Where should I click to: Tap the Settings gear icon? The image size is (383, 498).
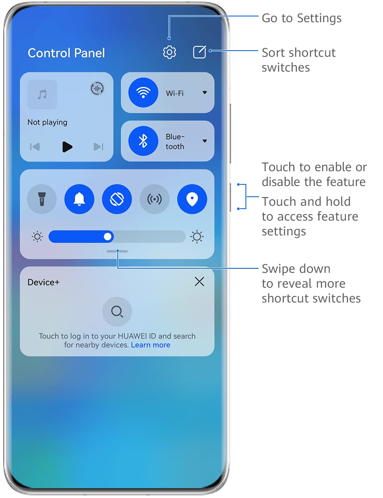169,52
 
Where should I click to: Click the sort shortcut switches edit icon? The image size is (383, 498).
199,52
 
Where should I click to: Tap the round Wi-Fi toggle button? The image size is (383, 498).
143,92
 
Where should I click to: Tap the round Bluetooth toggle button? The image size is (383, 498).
143,141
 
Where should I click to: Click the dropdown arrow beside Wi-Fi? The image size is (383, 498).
205,93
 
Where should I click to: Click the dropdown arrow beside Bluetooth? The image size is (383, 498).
205,141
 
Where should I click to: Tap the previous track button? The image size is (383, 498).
35,147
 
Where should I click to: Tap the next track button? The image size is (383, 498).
98,147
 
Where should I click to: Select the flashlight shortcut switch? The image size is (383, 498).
42,199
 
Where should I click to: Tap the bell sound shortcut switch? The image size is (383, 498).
79,199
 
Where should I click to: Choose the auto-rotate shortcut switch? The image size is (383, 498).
117,199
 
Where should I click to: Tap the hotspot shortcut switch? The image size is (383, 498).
154,199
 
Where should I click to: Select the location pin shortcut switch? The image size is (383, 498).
192,199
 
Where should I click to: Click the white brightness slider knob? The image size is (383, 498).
107,237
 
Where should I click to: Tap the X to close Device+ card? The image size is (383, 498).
199,282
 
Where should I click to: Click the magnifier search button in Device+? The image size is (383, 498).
117,312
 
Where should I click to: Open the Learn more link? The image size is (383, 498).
151,345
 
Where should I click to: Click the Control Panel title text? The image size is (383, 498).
66,53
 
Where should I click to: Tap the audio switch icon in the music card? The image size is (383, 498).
97,88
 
